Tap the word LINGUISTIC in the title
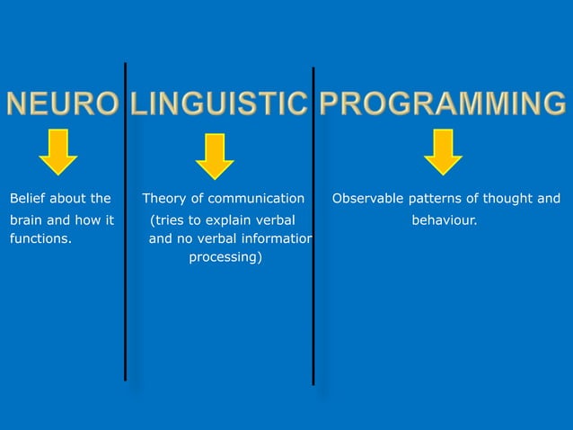coord(219,104)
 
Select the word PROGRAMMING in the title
coord(442,104)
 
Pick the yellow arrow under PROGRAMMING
coord(443,151)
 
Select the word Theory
coord(163,198)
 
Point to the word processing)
coord(225,259)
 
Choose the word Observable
coord(367,198)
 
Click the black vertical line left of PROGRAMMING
coord(313,225)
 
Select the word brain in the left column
coord(26,219)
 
